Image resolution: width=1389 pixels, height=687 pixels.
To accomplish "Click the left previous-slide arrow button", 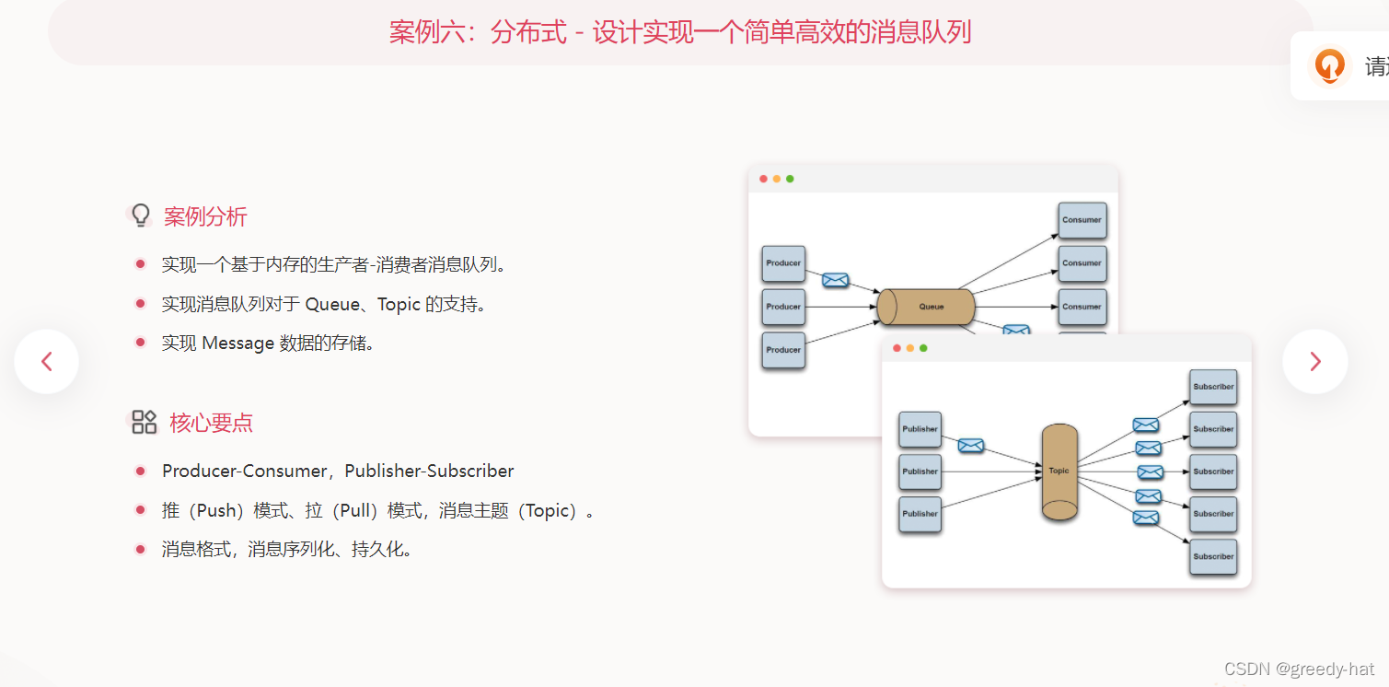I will coord(46,362).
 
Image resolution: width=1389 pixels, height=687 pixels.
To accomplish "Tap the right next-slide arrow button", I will coord(1314,362).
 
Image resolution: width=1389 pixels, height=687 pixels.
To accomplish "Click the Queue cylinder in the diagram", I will coord(926,307).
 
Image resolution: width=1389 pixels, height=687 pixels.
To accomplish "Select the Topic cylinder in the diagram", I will coord(1059,472).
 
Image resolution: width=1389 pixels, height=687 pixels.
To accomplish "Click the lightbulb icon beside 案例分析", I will coord(140,215).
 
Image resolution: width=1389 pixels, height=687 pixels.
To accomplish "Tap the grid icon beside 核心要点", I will coord(144,423).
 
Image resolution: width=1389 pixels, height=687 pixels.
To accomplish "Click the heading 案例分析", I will coord(205,217).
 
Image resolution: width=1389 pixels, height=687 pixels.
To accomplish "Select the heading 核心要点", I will coord(211,424).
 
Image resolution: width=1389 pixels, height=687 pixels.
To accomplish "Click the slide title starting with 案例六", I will coord(679,33).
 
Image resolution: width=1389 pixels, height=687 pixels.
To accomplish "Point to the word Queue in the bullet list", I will coord(332,304).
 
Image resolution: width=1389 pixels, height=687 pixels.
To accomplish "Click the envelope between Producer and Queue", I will coord(835,280).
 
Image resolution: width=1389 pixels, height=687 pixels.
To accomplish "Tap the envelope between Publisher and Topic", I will coord(970,446).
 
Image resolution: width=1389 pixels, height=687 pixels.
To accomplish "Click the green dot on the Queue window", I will coord(790,179).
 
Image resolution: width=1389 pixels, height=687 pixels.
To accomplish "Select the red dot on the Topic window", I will coord(897,348).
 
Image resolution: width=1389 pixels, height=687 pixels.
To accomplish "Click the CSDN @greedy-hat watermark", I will coord(1299,669).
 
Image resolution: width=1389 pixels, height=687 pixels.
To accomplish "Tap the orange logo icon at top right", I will coord(1329,66).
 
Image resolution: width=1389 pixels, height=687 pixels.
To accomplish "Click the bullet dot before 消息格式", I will coord(140,550).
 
